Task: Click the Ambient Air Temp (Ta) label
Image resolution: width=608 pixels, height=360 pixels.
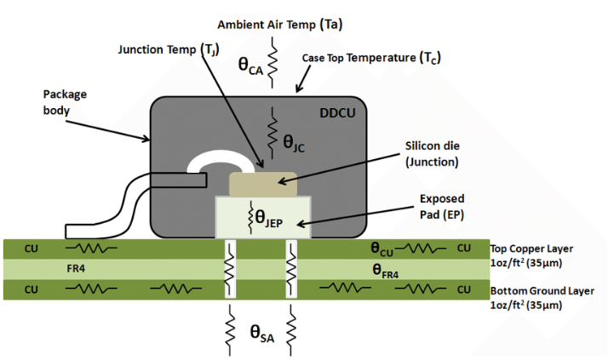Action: (280, 24)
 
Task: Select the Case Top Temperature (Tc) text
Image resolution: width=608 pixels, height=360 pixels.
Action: (370, 58)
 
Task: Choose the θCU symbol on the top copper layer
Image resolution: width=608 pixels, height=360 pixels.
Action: (381, 249)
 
